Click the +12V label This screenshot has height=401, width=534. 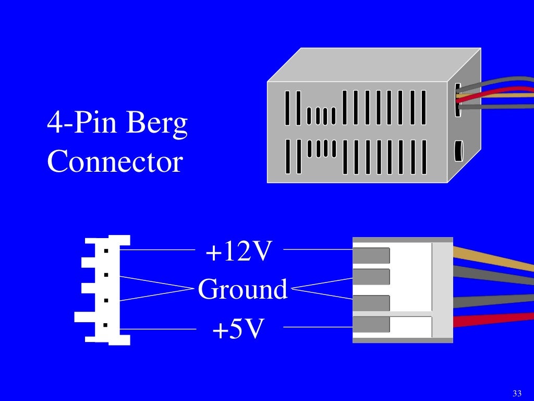click(239, 252)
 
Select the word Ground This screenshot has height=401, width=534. click(242, 289)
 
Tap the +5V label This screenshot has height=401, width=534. click(237, 329)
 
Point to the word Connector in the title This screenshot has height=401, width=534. click(115, 161)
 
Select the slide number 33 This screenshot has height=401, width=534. click(517, 393)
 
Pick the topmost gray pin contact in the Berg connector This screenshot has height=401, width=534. click(371, 255)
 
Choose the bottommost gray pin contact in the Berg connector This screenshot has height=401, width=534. click(371, 324)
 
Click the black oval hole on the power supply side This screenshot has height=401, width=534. click(458, 151)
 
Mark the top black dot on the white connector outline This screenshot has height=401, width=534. click(106, 251)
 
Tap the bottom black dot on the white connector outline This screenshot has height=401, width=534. click(106, 325)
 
